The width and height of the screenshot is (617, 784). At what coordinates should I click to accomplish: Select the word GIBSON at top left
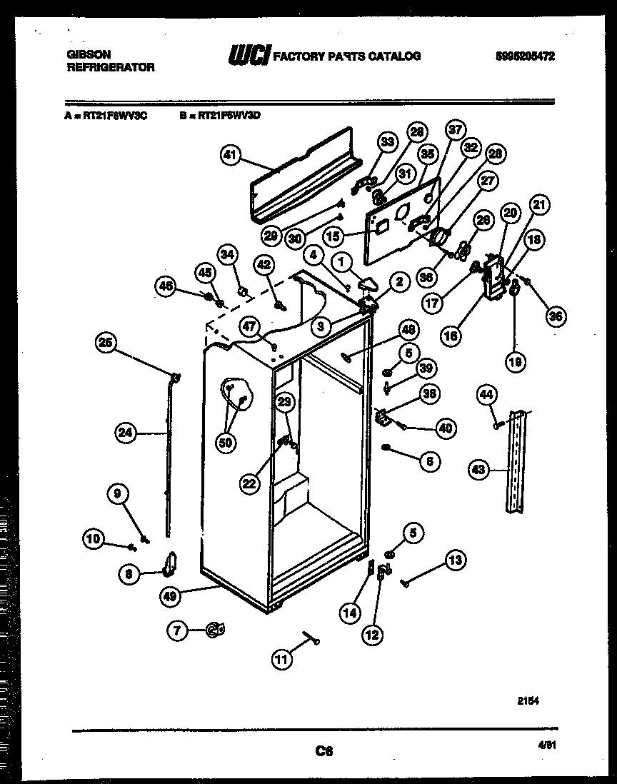84,54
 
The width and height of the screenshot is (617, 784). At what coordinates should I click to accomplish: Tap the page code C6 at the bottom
324,750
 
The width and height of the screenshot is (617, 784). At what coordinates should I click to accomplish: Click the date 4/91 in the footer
547,745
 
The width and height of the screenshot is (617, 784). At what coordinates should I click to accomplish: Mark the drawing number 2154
528,701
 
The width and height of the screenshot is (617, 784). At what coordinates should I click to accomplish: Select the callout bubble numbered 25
106,343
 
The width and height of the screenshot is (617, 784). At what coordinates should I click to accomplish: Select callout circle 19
514,362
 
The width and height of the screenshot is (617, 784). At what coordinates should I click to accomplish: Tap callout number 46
167,286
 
